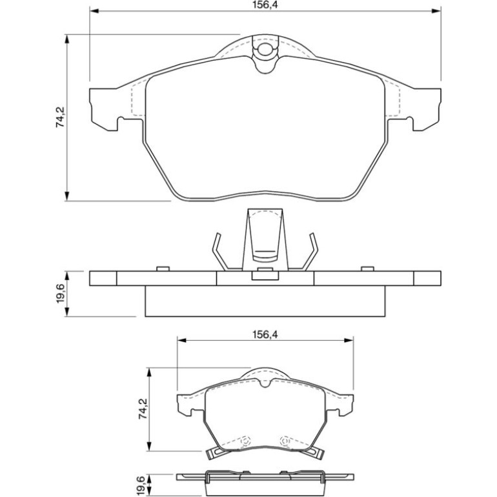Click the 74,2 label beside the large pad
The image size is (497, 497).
[60, 117]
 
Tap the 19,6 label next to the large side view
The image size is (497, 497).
[60, 294]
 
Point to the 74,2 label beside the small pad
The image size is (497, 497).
[143, 409]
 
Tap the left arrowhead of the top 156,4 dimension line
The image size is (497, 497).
[95, 11]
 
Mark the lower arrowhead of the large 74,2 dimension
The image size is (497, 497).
[67, 196]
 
